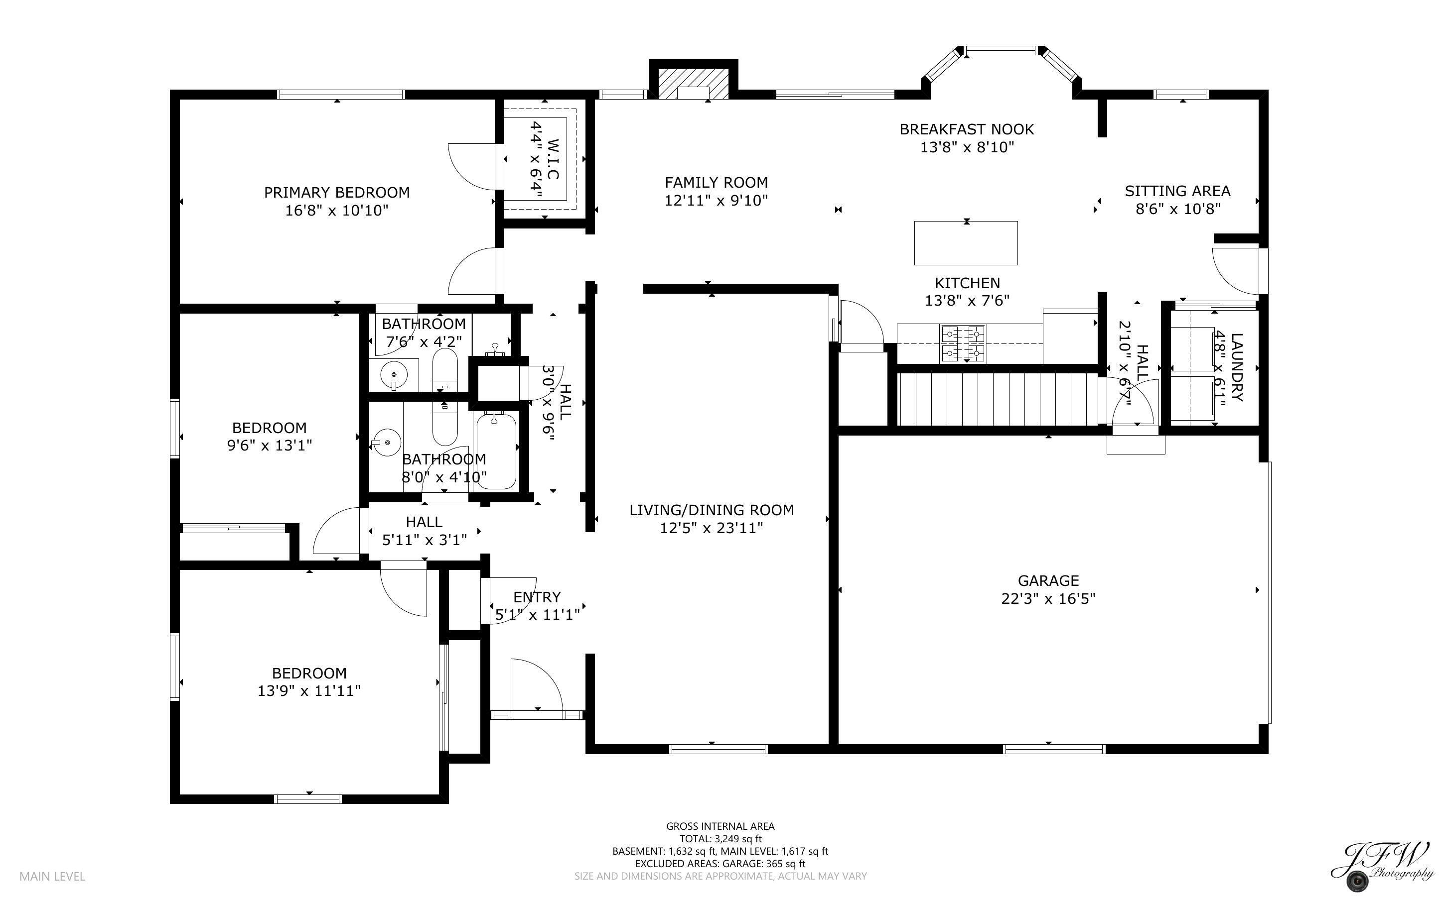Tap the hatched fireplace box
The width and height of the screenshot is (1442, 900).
click(693, 83)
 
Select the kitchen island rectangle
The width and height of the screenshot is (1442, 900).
click(966, 243)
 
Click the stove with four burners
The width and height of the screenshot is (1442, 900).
click(963, 344)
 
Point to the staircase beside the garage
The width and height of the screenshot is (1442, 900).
click(998, 398)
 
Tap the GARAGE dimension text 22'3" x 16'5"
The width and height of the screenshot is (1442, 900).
click(1048, 598)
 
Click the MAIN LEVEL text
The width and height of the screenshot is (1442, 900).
click(52, 876)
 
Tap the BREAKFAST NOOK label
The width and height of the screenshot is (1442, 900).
click(967, 129)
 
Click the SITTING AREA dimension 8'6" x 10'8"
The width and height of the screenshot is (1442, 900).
click(1177, 209)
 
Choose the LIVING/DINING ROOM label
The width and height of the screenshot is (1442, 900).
click(711, 510)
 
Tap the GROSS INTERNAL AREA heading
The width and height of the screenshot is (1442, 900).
click(720, 826)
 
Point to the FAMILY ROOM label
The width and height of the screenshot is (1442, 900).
click(716, 182)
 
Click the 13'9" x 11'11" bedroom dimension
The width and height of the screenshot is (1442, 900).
click(309, 691)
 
